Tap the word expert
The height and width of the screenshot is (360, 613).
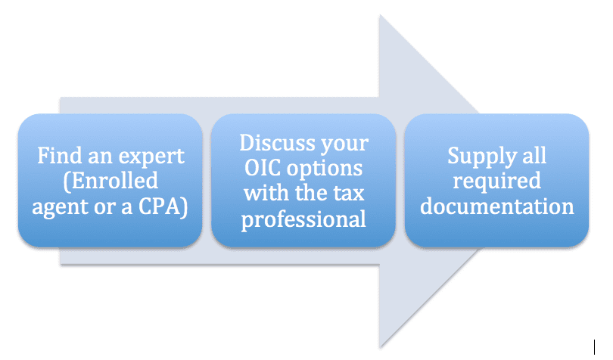coord(151,157)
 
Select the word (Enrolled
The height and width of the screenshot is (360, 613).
coord(110,182)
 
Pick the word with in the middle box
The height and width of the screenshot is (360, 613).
coord(266,193)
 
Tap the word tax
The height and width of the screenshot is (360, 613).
coord(349,194)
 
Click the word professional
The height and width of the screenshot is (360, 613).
coord(303,220)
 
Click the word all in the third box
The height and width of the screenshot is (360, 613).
coord(534,156)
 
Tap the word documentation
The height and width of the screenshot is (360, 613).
coord(497,206)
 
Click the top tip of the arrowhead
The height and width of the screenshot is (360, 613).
coord(380,15)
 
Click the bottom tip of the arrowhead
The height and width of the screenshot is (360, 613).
coord(381,346)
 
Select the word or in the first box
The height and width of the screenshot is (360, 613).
coord(104,208)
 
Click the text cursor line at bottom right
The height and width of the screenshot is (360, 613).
coord(594,347)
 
